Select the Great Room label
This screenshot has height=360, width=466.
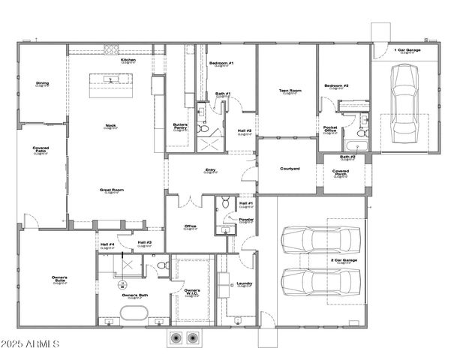tap(111, 190)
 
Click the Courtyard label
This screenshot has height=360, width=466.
tap(290, 169)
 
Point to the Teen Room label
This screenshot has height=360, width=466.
tap(290, 91)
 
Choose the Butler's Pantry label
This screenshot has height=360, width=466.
tap(180, 127)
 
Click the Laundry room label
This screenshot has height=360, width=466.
tap(244, 284)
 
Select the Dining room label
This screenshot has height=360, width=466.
tap(42, 83)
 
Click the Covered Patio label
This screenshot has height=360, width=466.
tap(41, 150)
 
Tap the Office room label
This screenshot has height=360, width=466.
tap(191, 226)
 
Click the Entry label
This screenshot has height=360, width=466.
tap(211, 170)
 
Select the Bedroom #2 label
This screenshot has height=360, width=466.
tap(336, 86)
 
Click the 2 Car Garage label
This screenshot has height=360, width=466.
tap(343, 261)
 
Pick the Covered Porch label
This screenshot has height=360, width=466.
tap(340, 173)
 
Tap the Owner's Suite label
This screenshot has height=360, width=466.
tap(60, 280)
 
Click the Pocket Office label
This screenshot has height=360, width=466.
tap(330, 129)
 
